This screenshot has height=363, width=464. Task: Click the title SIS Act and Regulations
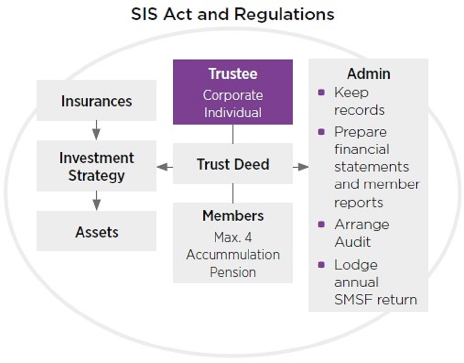(232, 14)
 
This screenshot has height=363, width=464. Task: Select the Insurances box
(97, 100)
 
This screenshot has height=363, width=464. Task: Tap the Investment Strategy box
(97, 166)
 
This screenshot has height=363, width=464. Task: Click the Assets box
(97, 231)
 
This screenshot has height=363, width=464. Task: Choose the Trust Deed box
(233, 164)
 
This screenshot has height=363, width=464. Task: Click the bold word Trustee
(233, 74)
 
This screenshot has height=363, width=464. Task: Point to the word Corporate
(233, 95)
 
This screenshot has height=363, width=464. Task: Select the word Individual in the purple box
(233, 112)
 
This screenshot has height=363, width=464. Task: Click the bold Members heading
(233, 216)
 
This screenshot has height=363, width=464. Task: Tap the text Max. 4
(233, 238)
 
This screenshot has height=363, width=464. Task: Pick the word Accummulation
(233, 255)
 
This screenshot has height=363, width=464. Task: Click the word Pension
(233, 272)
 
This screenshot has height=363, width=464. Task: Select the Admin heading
(368, 74)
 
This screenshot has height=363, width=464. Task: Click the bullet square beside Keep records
(322, 92)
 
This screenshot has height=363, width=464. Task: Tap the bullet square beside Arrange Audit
(322, 224)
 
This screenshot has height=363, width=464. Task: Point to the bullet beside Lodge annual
(322, 264)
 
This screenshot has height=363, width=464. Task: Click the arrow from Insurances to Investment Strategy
(97, 130)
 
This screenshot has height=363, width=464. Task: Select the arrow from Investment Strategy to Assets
(97, 201)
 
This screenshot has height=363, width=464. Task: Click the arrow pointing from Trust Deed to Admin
(301, 167)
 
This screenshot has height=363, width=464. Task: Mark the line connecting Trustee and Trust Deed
(233, 134)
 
